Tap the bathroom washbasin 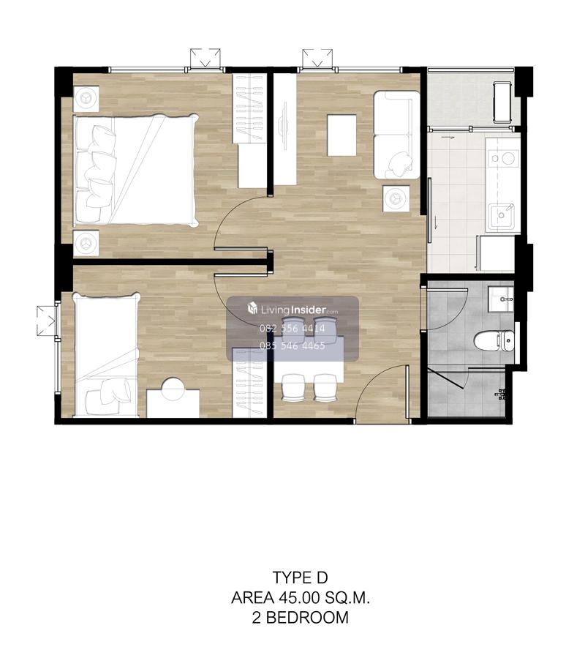(x=500, y=299)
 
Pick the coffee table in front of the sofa (x=341, y=135)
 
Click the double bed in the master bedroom (x=135, y=170)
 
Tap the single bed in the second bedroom (x=107, y=355)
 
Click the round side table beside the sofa (x=396, y=198)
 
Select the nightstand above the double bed (x=86, y=99)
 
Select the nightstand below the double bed (x=86, y=243)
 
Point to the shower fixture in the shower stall (x=500, y=395)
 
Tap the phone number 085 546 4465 (x=292, y=345)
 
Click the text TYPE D (x=301, y=577)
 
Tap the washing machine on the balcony (x=503, y=102)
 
